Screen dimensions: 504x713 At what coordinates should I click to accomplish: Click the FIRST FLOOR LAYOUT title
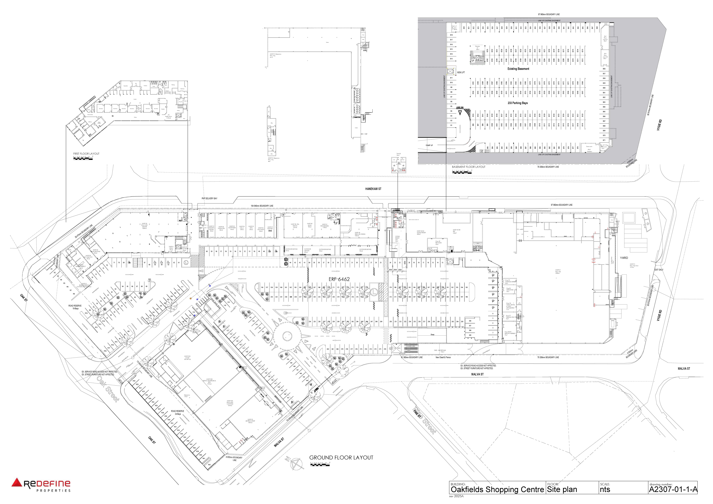[86, 154]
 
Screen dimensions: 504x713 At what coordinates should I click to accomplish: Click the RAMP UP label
[429, 145]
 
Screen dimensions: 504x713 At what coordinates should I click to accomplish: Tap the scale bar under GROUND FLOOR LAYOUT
[320, 465]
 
